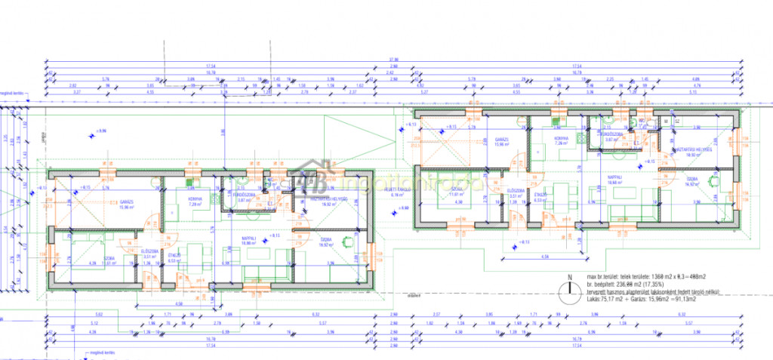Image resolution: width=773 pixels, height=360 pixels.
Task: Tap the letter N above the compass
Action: coord(571,276)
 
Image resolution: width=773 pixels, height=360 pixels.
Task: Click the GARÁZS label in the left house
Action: coord(125,202)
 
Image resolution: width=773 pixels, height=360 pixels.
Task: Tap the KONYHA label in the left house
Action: coord(187,199)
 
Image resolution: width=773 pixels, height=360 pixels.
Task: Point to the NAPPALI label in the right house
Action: coord(619,178)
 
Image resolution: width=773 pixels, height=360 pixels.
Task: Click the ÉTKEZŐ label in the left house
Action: coord(174,256)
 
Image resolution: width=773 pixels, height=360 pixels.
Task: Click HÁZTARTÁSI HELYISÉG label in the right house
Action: coord(691,149)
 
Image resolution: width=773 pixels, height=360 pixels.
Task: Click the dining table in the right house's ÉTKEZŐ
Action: coord(562,192)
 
